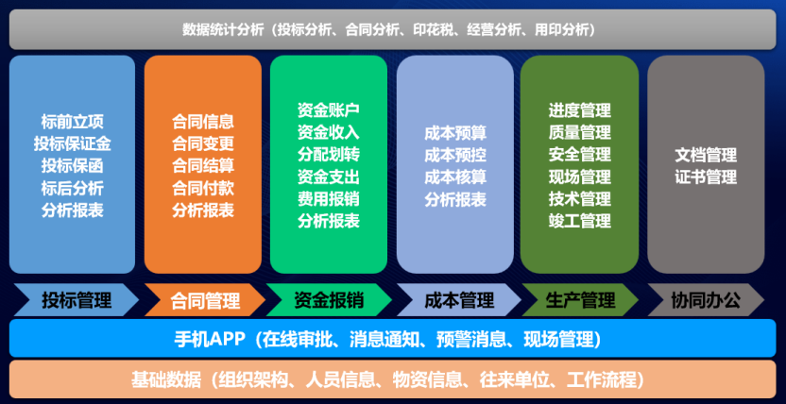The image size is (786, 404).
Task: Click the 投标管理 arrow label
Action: point(76,301)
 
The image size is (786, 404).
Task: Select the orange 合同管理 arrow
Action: point(204,301)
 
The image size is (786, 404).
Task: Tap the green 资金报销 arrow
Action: point(329,301)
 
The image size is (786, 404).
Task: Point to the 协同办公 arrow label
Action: point(705,301)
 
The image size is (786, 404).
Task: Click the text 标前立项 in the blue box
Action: point(73,122)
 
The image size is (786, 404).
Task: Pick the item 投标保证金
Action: point(73,143)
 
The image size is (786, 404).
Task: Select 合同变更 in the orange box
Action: point(203,143)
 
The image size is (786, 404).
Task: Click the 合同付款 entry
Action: point(203,188)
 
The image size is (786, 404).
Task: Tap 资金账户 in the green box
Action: point(329,109)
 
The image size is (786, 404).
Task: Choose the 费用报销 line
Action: point(329,198)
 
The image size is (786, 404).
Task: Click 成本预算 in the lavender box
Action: point(455,133)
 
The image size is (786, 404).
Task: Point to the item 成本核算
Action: point(455,177)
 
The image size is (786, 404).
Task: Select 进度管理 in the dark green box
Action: point(579,110)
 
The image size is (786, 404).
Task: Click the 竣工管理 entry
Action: point(579,221)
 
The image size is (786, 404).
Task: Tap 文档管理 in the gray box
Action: point(706,154)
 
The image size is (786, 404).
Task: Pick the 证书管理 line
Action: point(706,177)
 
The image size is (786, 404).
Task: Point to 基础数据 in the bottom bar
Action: point(166,379)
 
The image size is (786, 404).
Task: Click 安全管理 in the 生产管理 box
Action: point(579,155)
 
